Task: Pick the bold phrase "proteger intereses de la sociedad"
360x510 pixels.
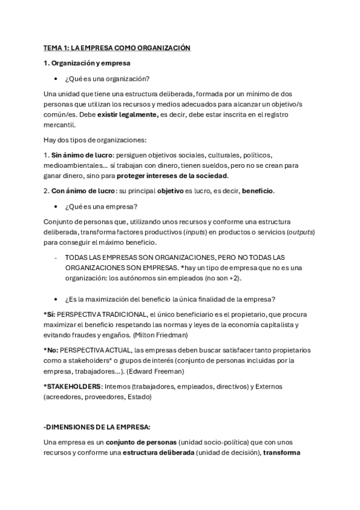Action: point(172,176)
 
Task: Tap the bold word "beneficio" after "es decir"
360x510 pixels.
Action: point(258,191)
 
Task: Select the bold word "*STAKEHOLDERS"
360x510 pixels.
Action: point(73,386)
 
